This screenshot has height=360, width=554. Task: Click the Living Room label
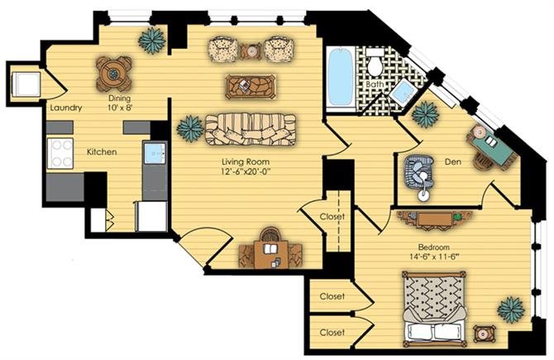point(246,162)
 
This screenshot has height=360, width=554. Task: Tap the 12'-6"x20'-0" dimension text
point(246,172)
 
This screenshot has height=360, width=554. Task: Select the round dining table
point(114,74)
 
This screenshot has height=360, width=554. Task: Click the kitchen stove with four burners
point(60,153)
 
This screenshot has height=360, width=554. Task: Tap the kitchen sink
point(155,153)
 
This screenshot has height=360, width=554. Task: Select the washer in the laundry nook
point(26,84)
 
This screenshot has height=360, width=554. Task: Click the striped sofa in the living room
point(251,129)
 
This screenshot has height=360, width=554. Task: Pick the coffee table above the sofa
point(251,86)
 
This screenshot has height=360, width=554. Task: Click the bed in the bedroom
point(435,310)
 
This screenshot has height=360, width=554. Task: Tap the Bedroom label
point(433,247)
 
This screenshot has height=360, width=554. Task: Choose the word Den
point(452,162)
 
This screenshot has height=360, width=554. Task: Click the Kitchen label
point(102,152)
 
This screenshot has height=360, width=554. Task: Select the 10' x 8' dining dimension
point(120,108)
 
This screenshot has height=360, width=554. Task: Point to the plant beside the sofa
point(190,129)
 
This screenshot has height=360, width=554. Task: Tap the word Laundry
point(66,108)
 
